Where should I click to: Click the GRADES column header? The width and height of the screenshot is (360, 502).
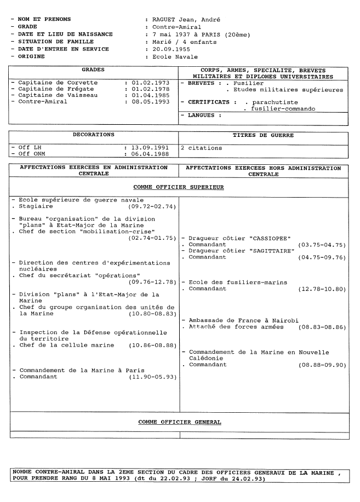pos(93,70)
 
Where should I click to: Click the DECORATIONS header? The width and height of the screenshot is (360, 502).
pos(94,134)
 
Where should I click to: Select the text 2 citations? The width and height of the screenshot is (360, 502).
pos(202,148)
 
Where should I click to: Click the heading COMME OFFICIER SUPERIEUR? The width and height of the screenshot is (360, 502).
pos(179,187)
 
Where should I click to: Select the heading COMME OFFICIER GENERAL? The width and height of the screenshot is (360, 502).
pos(179,422)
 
